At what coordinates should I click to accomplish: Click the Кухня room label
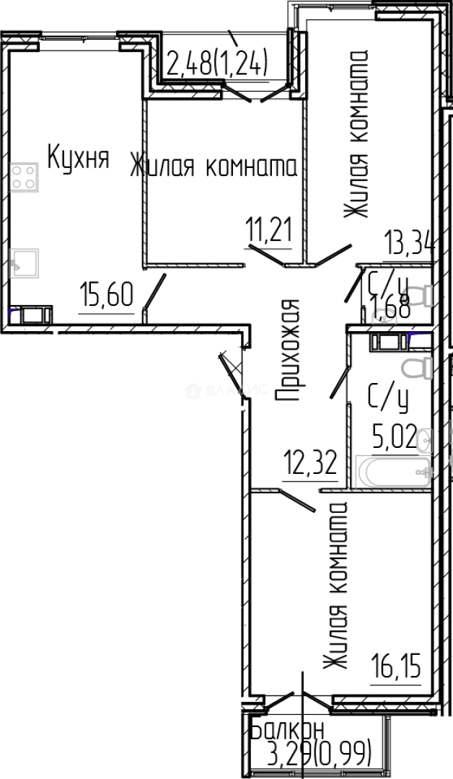tap(78, 158)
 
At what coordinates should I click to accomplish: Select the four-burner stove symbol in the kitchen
tap(24, 177)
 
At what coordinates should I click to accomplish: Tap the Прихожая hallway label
tap(287, 351)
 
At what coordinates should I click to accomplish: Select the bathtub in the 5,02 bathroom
tap(392, 473)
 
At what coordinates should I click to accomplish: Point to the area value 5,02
tap(394, 436)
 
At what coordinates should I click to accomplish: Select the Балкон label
tap(287, 731)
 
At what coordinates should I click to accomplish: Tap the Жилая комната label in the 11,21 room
tap(214, 167)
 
